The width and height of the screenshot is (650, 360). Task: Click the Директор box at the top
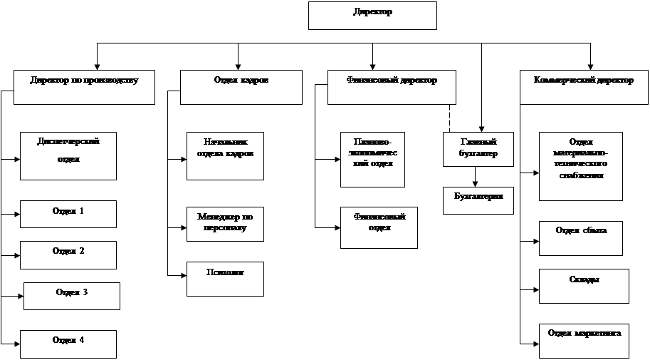[x=372, y=15]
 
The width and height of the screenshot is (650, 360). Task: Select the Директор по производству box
[x=84, y=87]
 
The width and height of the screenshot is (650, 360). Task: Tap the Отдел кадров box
[x=241, y=87]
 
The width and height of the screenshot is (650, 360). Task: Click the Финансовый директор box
[x=392, y=87]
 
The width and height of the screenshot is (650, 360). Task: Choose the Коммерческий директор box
[x=583, y=87]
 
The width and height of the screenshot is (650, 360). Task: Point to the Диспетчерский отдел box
[x=68, y=155]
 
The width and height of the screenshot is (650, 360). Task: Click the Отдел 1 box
[x=68, y=214]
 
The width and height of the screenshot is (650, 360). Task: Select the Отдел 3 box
[x=71, y=296]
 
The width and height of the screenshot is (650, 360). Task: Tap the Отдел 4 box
[x=68, y=344]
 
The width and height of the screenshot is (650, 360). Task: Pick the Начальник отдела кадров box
[x=225, y=155]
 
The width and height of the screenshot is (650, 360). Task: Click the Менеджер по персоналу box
[x=225, y=224]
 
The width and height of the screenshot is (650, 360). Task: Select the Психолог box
[x=225, y=279]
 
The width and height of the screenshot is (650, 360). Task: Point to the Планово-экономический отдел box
[x=372, y=159]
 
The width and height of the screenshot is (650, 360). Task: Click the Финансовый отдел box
[x=379, y=227]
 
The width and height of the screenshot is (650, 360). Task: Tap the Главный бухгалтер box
[x=478, y=149]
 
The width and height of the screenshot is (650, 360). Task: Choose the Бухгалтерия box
[x=478, y=200]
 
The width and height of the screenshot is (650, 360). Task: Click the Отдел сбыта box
[x=581, y=238]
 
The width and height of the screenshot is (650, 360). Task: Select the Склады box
[x=584, y=286]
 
